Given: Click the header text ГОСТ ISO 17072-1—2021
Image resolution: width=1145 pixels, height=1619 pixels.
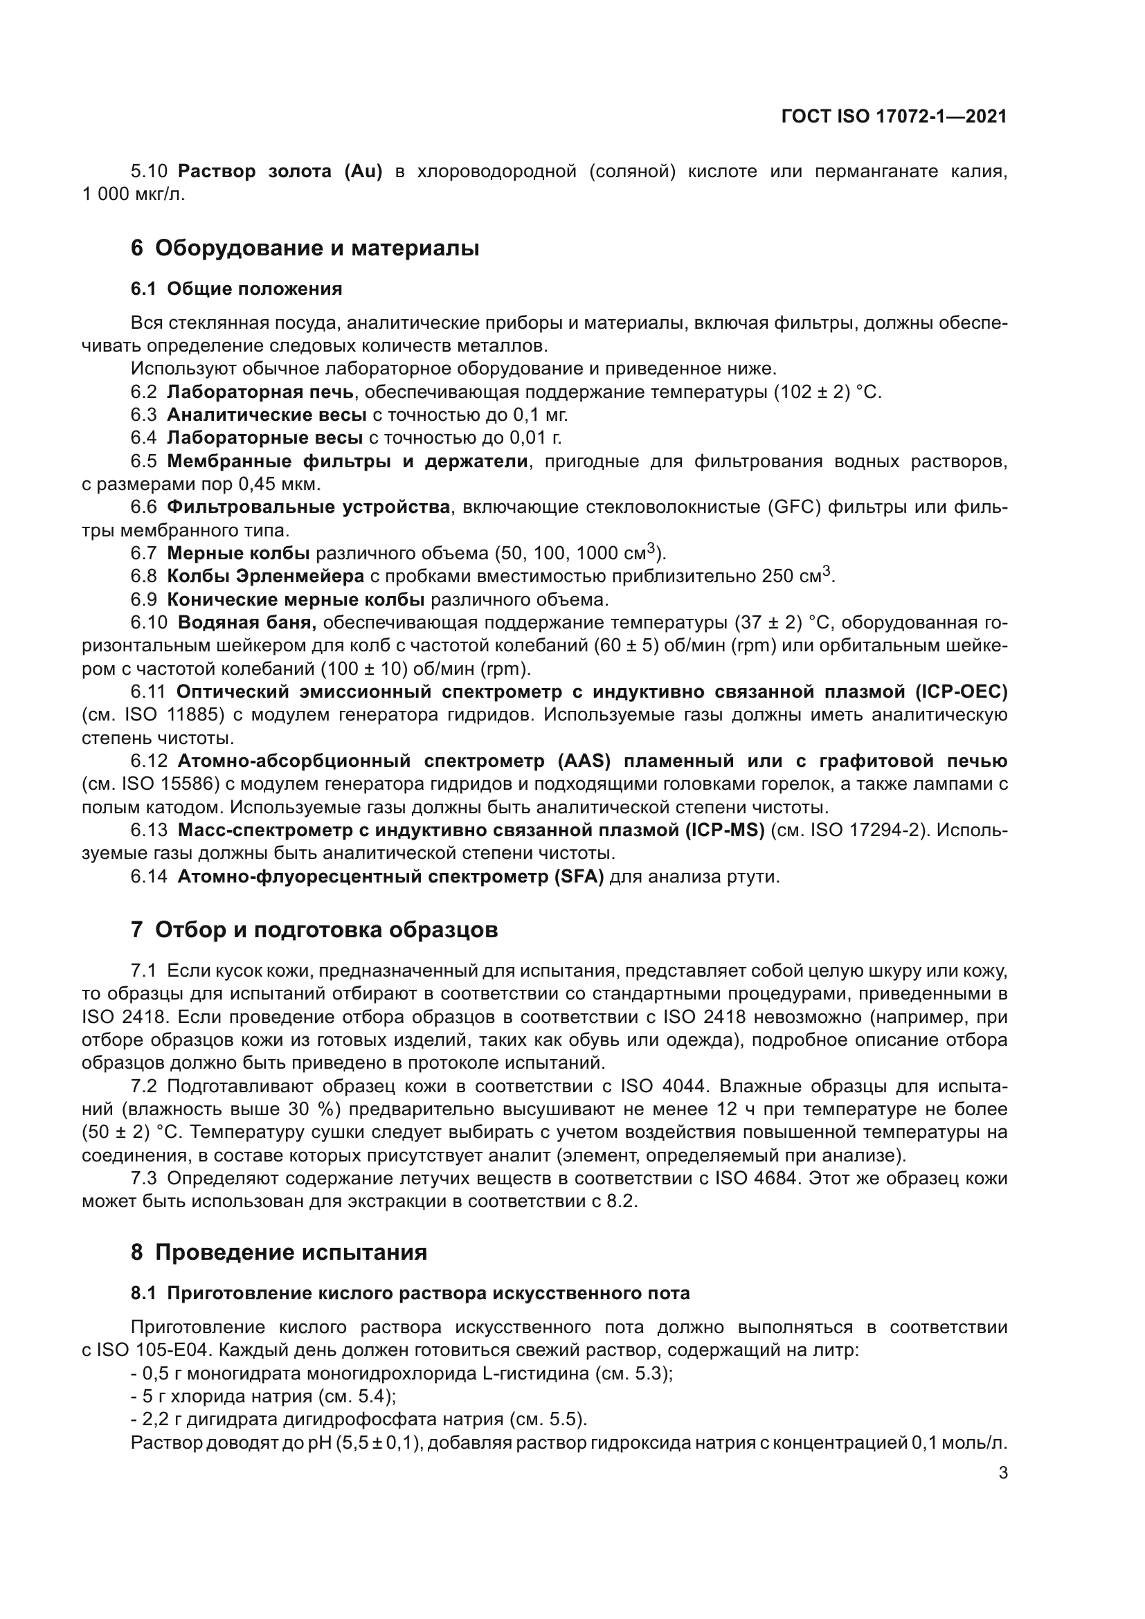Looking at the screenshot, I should tap(894, 116).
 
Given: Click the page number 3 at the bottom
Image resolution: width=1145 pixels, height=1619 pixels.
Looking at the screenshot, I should tap(1002, 1473).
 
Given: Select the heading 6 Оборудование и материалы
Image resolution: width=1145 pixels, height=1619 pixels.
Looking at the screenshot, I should tap(305, 248).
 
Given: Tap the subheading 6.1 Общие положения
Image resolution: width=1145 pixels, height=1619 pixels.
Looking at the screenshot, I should tap(236, 289).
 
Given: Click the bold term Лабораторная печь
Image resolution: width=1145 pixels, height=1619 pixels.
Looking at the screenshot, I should tap(260, 392).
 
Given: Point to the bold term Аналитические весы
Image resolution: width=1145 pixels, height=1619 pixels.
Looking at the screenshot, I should tap(267, 415).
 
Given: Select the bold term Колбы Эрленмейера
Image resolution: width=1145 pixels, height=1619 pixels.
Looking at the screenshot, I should tap(265, 576).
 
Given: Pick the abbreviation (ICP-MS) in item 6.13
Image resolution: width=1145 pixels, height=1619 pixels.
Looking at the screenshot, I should tap(725, 831).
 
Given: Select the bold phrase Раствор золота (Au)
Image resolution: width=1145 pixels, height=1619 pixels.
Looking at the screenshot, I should tap(280, 172).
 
